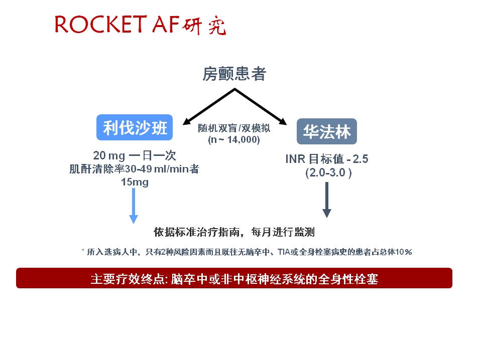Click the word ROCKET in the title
click(100, 24)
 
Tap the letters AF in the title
click(166, 24)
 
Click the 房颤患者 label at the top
click(234, 74)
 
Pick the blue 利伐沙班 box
click(135, 127)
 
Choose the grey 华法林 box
click(327, 131)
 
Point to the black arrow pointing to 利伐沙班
click(209, 106)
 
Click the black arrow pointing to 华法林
click(261, 106)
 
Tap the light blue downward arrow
click(134, 206)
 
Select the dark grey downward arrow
click(327, 200)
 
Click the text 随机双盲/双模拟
click(234, 128)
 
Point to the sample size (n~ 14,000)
click(234, 140)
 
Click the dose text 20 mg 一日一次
click(135, 155)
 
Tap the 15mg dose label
click(135, 182)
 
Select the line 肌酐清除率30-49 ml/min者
click(135, 169)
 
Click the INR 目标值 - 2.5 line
click(327, 159)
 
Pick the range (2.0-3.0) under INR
click(328, 172)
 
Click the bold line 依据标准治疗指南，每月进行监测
click(234, 232)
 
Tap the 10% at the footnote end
click(404, 252)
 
